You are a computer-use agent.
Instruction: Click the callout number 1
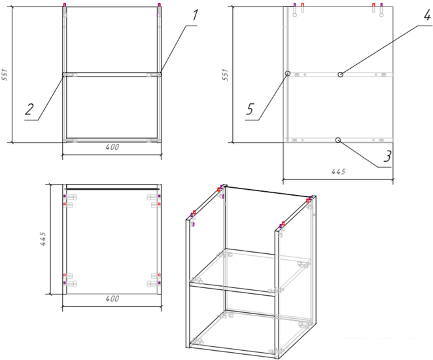(x=195, y=15)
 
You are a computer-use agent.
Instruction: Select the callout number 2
(x=29, y=109)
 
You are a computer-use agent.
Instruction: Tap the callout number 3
(x=387, y=156)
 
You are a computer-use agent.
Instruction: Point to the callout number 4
(x=427, y=15)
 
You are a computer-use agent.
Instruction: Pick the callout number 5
(x=250, y=109)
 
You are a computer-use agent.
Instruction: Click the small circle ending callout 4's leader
(x=341, y=75)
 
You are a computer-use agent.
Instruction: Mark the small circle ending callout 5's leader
(x=288, y=73)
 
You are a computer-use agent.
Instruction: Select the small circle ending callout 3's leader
(x=338, y=140)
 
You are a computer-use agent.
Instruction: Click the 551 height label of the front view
(x=5, y=75)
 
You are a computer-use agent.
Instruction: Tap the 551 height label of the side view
(x=226, y=75)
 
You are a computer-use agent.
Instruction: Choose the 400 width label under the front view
(x=113, y=147)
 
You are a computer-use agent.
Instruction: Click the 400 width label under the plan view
(x=113, y=298)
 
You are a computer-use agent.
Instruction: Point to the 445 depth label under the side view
(x=338, y=172)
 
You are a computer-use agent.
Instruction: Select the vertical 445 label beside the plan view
(x=43, y=239)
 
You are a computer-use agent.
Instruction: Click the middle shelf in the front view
(x=112, y=75)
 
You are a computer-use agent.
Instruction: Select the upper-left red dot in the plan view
(x=65, y=204)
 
